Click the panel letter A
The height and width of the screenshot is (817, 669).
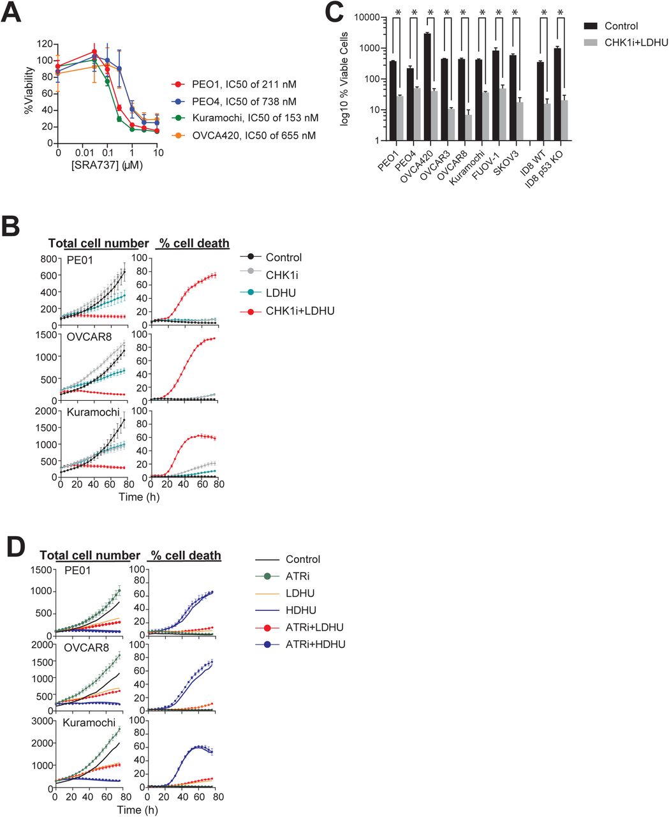(13, 13)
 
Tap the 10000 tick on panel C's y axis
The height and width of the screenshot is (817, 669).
(368, 17)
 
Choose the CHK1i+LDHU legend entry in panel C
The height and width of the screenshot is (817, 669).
(633, 42)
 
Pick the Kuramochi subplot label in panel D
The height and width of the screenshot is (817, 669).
(89, 723)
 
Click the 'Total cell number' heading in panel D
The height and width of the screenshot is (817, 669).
(90, 555)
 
